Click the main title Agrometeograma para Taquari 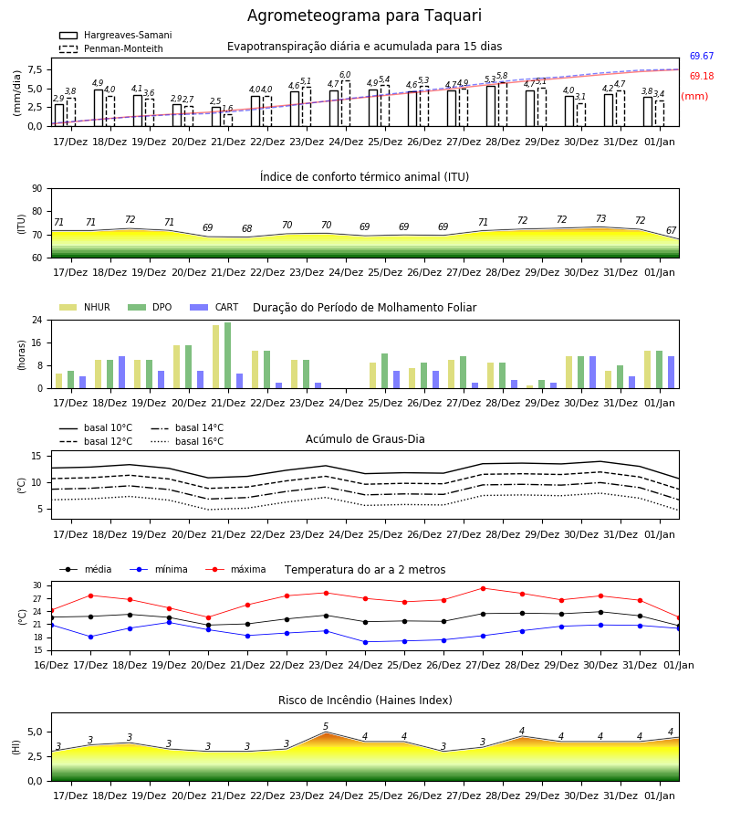click(x=364, y=16)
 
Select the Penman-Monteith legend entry click(x=111, y=48)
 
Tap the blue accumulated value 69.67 click(x=702, y=56)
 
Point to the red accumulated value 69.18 click(x=702, y=76)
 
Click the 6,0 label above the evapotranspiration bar click(x=345, y=75)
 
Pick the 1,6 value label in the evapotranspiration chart click(x=227, y=109)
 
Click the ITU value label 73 click(x=600, y=218)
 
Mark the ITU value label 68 click(x=246, y=228)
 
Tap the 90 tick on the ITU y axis click(x=37, y=189)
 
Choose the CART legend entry click(x=214, y=307)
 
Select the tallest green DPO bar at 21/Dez click(x=228, y=355)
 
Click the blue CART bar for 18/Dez click(x=122, y=373)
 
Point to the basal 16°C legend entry click(x=187, y=441)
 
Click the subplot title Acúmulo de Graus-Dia click(x=365, y=439)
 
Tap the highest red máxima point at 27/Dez click(x=483, y=589)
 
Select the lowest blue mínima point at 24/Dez click(x=365, y=642)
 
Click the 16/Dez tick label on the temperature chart click(x=51, y=665)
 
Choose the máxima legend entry click(x=235, y=569)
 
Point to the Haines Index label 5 click(x=326, y=727)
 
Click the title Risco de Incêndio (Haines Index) click(x=365, y=701)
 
